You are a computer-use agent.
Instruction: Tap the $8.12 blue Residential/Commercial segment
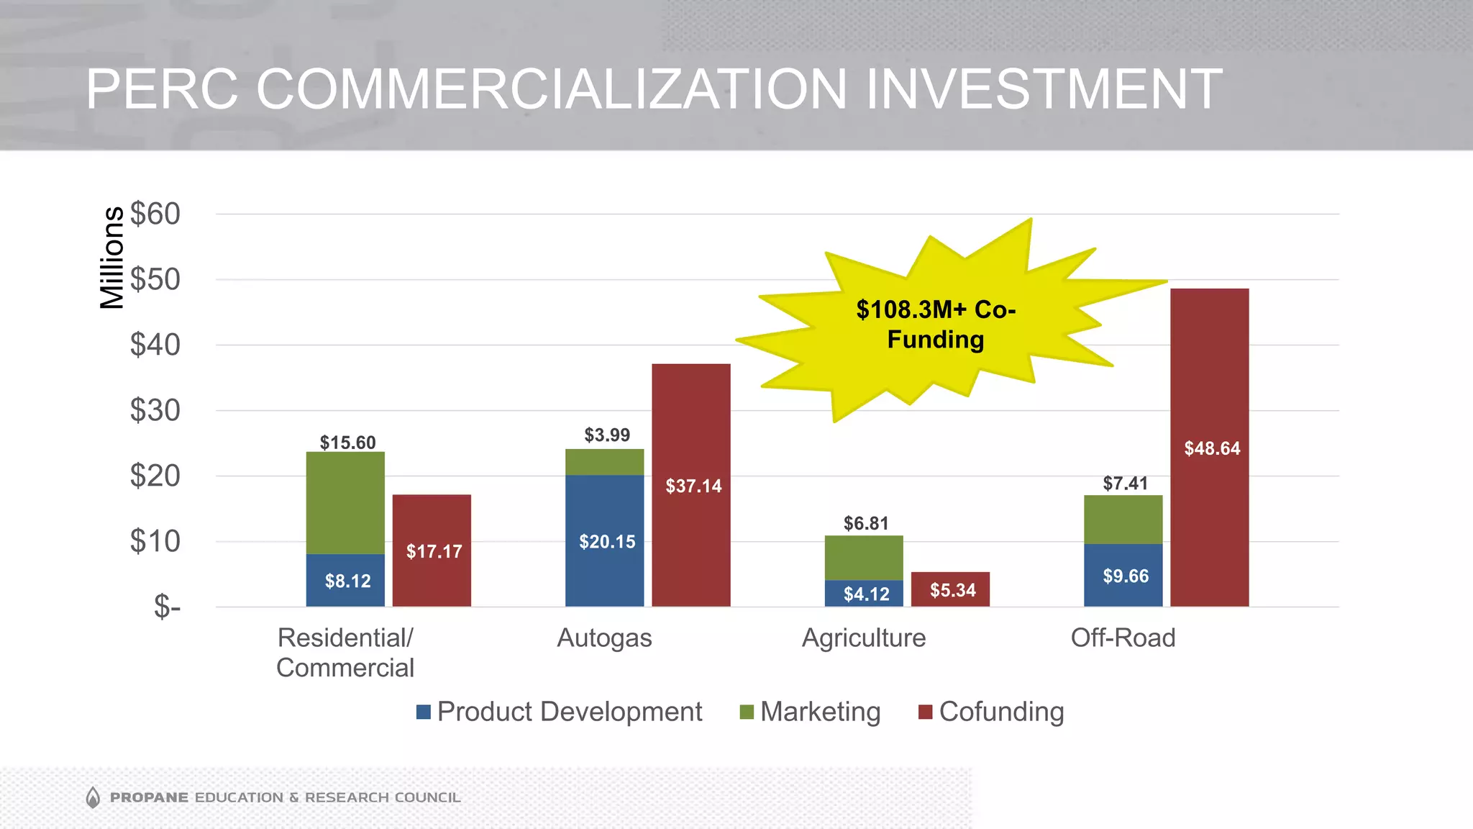coord(345,580)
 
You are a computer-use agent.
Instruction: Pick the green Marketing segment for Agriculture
coord(863,558)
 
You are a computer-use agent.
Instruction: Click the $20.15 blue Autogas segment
coord(604,540)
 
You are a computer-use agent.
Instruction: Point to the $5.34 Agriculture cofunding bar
coord(949,589)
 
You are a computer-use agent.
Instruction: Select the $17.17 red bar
coord(432,551)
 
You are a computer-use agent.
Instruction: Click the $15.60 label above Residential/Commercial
coord(347,443)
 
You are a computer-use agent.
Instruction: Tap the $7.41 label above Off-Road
coord(1125,484)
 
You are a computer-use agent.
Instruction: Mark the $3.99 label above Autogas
coord(606,435)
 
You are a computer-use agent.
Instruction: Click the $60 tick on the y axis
coord(155,214)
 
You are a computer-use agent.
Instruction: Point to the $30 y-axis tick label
coord(155,410)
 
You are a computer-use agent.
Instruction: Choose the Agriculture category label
coord(863,638)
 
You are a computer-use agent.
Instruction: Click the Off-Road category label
coord(1123,638)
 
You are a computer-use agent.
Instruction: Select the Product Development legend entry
coord(559,712)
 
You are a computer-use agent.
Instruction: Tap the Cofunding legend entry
coord(991,712)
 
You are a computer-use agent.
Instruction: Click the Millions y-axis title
coord(112,258)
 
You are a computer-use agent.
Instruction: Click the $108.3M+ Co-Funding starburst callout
coord(935,324)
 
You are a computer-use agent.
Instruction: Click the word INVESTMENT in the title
coord(1043,89)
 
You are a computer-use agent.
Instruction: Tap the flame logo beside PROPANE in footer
coord(93,797)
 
